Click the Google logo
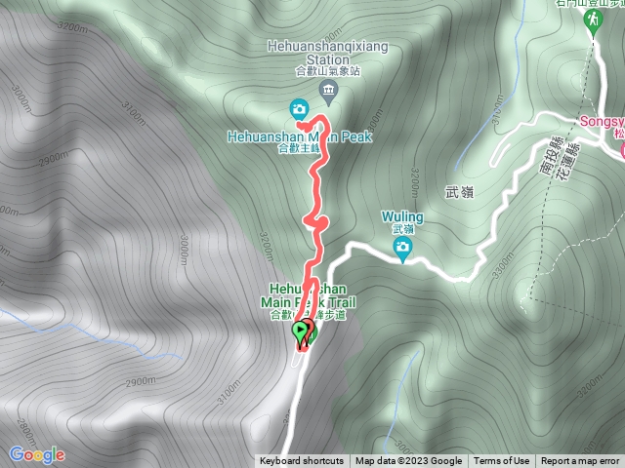[x=36, y=454]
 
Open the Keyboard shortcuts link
[x=301, y=461]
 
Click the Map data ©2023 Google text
[x=408, y=461]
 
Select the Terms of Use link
[x=502, y=461]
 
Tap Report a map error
[x=580, y=461]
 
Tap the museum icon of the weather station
[x=327, y=94]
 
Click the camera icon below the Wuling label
[x=402, y=248]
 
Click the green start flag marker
[x=300, y=331]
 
